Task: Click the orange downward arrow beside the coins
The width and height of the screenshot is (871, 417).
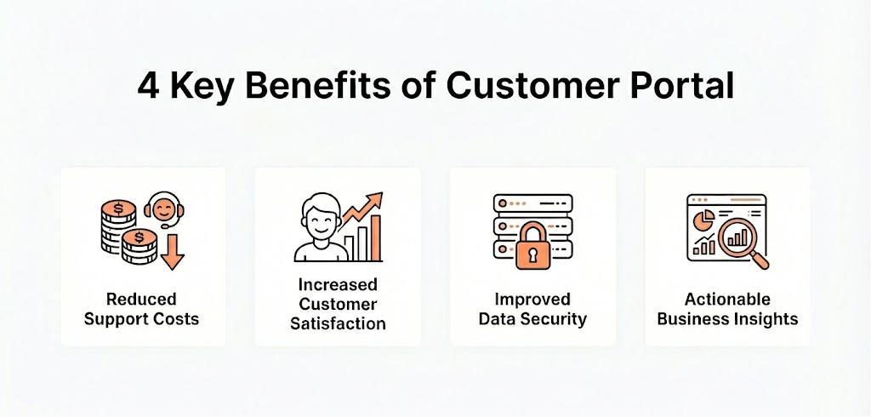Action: [x=173, y=253]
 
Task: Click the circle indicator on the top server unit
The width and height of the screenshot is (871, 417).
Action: [x=503, y=204]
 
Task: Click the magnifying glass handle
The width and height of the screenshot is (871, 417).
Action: [x=759, y=260]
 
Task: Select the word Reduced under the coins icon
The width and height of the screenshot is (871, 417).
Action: [x=141, y=300]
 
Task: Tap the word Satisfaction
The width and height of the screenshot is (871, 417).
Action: [x=338, y=324]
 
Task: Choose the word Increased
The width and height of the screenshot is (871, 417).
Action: [x=338, y=284]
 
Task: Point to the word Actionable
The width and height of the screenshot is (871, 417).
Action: [x=727, y=300]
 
